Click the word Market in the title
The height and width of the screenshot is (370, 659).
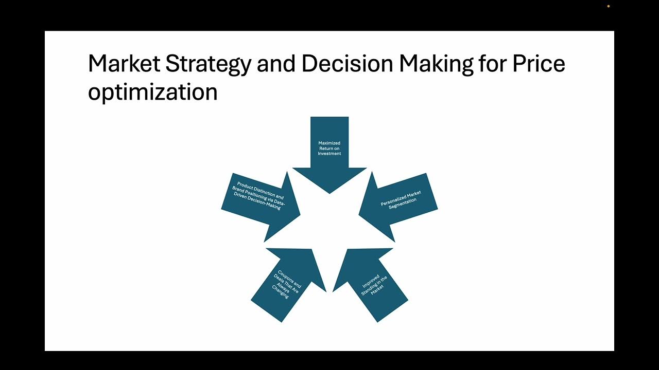click(x=124, y=64)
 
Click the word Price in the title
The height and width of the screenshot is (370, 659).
click(x=539, y=64)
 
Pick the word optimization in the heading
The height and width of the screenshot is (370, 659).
click(x=152, y=92)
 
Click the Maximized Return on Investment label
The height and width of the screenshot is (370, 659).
click(x=329, y=148)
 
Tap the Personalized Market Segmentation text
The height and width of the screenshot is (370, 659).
click(x=402, y=199)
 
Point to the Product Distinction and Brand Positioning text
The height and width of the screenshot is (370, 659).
click(x=259, y=196)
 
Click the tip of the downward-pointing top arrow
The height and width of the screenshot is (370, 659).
click(x=329, y=193)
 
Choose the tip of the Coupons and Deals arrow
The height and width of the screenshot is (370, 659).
click(x=325, y=291)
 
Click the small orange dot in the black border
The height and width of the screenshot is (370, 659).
click(x=609, y=6)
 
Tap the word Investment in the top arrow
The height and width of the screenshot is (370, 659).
click(x=329, y=154)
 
